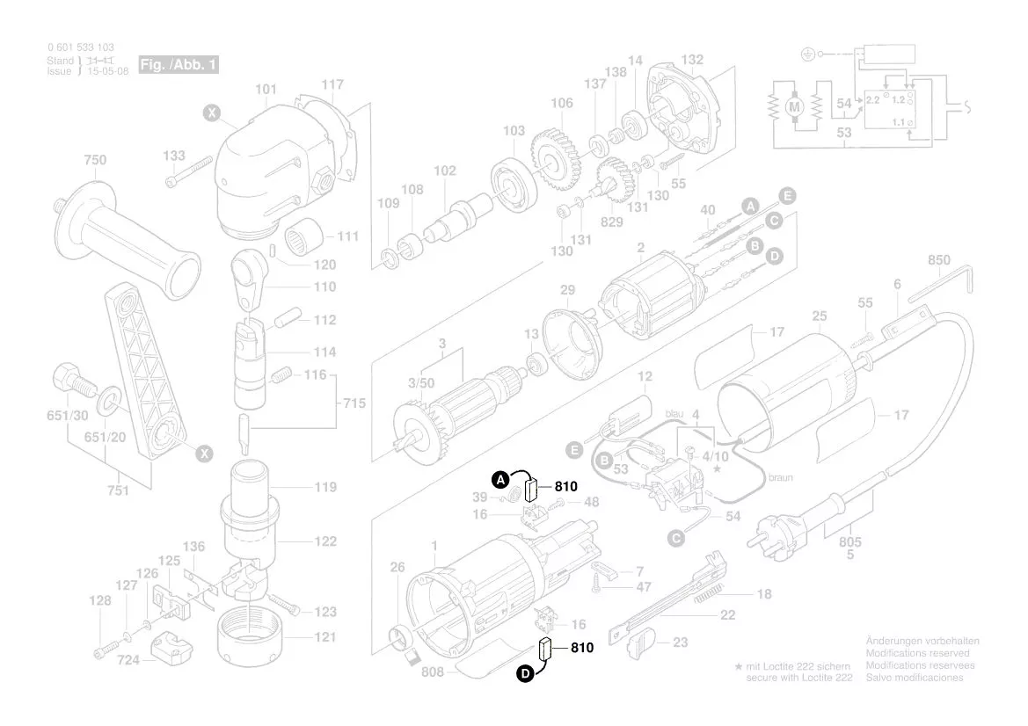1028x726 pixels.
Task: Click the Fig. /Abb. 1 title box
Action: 178,66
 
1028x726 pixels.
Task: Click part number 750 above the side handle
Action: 95,160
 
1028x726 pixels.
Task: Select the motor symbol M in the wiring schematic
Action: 795,106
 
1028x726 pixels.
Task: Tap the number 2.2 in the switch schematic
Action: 872,101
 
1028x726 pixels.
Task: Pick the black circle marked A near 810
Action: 499,480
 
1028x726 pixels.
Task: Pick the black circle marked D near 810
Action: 525,674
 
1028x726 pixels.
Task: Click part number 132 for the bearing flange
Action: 692,60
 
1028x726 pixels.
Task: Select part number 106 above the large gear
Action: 562,104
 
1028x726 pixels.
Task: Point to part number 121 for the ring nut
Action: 324,637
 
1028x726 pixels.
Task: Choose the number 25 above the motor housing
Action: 820,316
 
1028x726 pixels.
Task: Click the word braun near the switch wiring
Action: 781,478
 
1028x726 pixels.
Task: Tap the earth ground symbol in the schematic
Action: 807,54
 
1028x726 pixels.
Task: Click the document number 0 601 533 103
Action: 80,47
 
